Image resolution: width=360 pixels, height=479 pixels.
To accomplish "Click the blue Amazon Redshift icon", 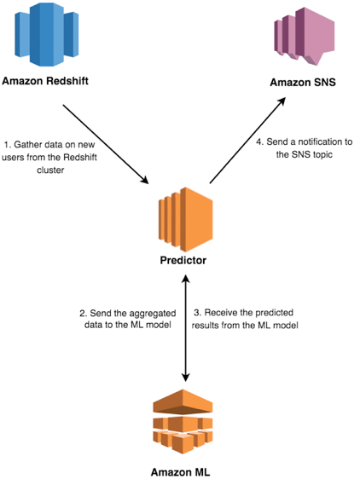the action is pyautogui.click(x=46, y=34).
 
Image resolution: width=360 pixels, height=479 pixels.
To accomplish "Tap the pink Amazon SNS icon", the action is pyautogui.click(x=305, y=36).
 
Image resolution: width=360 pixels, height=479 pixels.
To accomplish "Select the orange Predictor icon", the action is pyautogui.click(x=186, y=219).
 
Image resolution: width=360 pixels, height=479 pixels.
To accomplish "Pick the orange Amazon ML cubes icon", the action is pyautogui.click(x=183, y=422).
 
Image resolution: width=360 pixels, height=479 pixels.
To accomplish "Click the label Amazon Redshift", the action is pyautogui.click(x=45, y=81).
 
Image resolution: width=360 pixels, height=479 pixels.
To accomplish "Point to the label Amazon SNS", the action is pyautogui.click(x=303, y=82).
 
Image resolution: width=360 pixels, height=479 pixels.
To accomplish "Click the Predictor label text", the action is pyautogui.click(x=183, y=260).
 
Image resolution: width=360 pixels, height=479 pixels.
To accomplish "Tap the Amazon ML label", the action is pyautogui.click(x=181, y=472).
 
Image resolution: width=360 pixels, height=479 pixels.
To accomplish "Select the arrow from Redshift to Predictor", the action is pyautogui.click(x=106, y=144).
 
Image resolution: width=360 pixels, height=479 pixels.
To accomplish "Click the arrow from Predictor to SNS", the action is pyautogui.click(x=247, y=141).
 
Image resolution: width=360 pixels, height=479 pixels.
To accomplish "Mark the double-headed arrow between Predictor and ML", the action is pyautogui.click(x=186, y=328).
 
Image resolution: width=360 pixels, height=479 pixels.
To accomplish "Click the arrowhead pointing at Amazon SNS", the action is pyautogui.click(x=282, y=101).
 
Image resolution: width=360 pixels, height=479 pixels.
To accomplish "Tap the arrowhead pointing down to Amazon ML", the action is pyautogui.click(x=186, y=378).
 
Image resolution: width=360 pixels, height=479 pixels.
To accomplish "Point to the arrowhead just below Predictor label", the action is pyautogui.click(x=186, y=279).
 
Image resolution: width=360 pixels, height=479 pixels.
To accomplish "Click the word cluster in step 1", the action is pyautogui.click(x=50, y=170).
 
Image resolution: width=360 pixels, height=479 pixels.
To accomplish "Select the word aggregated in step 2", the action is pyautogui.click(x=153, y=314).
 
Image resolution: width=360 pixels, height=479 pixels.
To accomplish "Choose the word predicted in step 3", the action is pyautogui.click(x=275, y=313).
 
